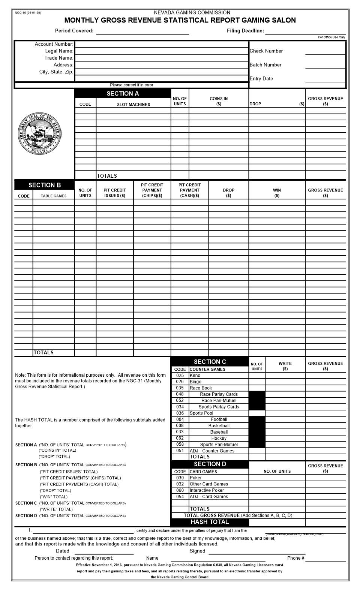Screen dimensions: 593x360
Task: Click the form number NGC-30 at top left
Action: click(28, 13)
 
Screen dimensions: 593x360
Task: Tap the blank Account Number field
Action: click(161, 44)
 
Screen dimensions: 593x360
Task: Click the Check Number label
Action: click(266, 51)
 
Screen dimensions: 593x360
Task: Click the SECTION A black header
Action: click(123, 94)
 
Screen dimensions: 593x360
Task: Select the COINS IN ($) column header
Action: click(219, 101)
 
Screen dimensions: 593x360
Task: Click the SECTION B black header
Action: click(44, 185)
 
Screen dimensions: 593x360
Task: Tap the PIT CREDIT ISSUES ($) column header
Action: click(115, 193)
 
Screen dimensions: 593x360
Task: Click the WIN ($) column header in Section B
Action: click(277, 193)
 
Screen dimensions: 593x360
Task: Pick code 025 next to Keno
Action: click(180, 375)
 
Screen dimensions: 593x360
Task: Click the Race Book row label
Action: click(201, 388)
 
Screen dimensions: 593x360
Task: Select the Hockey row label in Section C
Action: click(219, 438)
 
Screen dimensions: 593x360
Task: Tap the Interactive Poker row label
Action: click(207, 490)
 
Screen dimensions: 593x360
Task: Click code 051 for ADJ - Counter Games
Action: click(180, 451)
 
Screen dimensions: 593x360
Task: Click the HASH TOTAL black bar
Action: click(210, 522)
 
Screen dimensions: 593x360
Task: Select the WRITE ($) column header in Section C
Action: click(285, 366)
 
